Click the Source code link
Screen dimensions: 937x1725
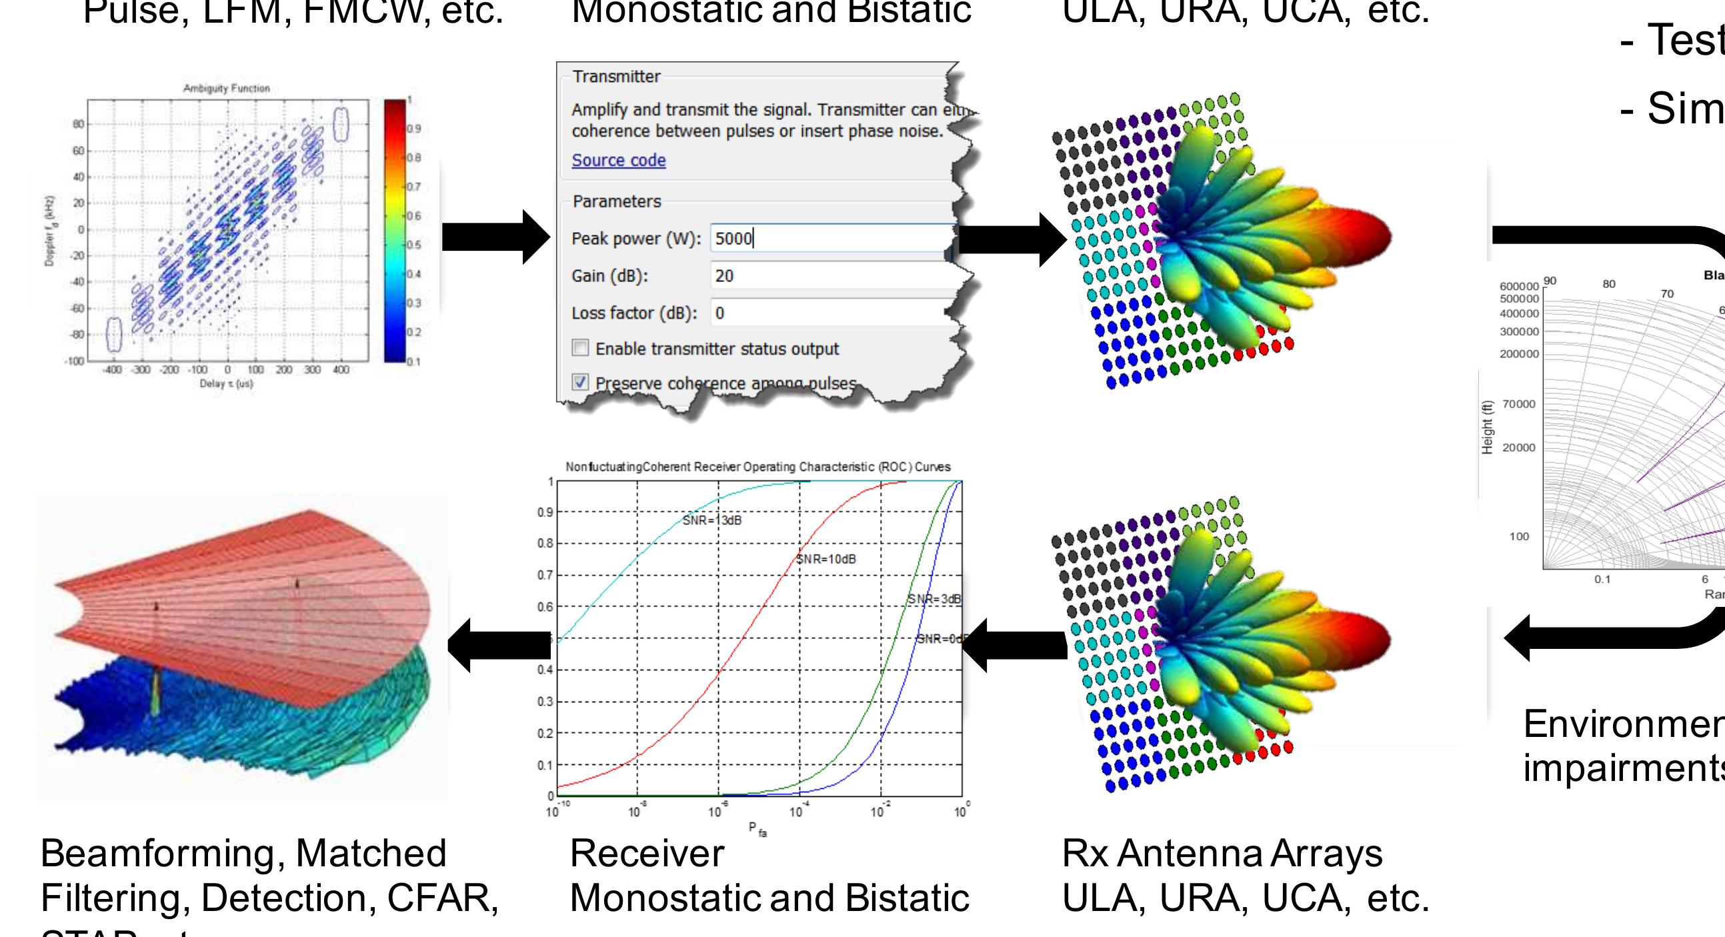(618, 160)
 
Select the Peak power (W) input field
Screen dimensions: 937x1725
(830, 239)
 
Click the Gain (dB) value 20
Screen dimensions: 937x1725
(725, 276)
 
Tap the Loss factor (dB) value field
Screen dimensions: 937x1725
(830, 313)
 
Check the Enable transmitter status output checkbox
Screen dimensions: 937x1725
(581, 348)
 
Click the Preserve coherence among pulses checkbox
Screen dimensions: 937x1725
(581, 382)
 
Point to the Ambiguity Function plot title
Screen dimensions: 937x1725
(226, 89)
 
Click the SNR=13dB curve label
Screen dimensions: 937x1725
(712, 520)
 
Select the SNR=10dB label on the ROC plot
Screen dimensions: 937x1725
(825, 560)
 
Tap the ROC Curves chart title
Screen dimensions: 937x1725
(757, 467)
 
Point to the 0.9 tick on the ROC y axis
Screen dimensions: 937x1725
(545, 512)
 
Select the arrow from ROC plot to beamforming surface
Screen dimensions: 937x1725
(499, 644)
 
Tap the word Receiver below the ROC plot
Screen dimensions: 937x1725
(647, 854)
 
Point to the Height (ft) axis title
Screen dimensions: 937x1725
(1487, 427)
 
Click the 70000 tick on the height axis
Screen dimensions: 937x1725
(1519, 404)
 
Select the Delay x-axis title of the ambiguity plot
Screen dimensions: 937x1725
(226, 383)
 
